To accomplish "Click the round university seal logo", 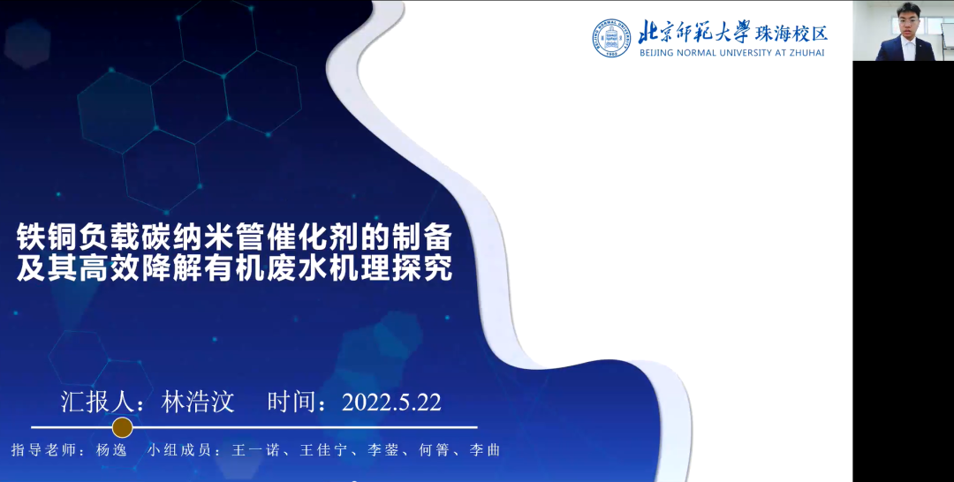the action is (x=611, y=38).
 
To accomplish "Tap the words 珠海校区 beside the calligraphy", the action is (x=791, y=33).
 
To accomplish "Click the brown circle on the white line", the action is (x=122, y=427).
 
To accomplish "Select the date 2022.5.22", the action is (x=391, y=403).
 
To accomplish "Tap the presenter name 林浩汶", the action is (x=198, y=403).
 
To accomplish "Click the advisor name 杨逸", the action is (x=111, y=450).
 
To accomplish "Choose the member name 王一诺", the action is (x=255, y=450).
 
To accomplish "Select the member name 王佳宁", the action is (x=323, y=450).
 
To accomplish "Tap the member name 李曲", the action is (x=484, y=450).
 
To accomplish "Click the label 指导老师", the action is (x=42, y=450).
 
